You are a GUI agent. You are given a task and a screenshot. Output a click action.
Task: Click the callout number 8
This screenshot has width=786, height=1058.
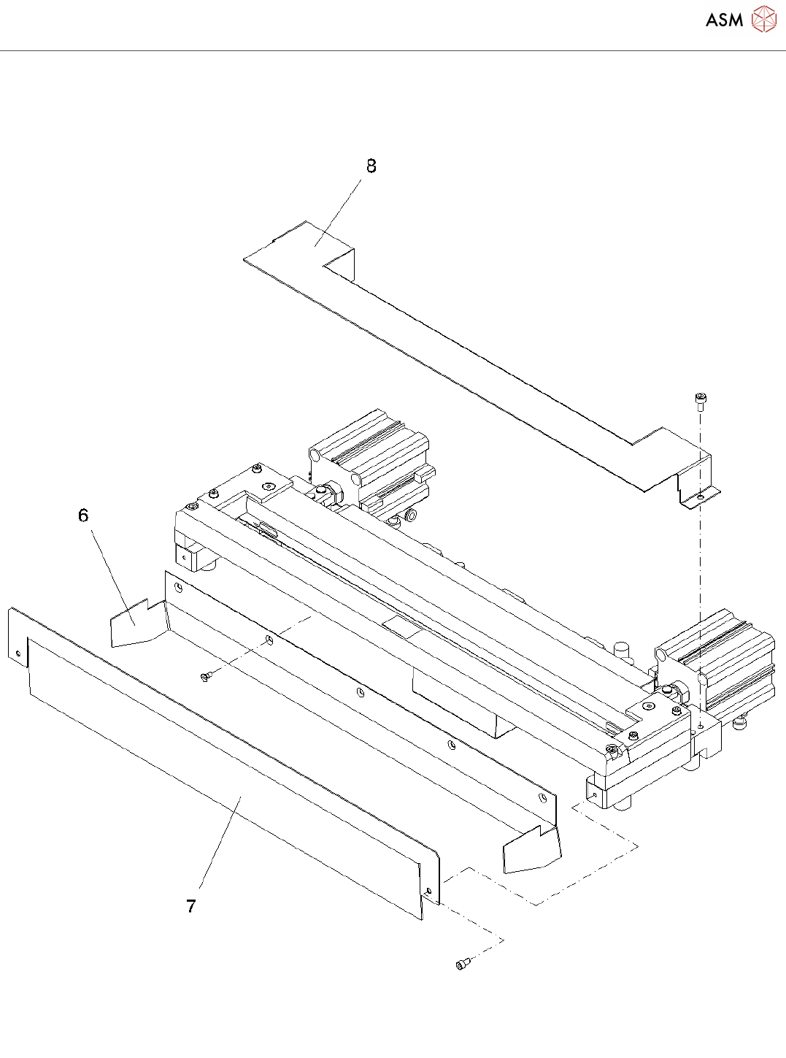(371, 166)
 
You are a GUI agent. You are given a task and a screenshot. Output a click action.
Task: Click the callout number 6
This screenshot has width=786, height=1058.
(83, 515)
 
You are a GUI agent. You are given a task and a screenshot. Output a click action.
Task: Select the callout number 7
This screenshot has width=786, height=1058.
(191, 906)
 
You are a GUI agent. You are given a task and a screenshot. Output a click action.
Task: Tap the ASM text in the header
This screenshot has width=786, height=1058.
(724, 20)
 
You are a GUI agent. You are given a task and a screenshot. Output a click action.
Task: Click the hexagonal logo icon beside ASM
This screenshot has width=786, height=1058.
(764, 19)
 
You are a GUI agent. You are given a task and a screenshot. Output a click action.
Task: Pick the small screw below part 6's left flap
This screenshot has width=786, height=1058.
(205, 678)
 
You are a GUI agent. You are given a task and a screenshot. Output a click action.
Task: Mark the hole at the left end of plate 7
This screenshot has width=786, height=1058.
(18, 653)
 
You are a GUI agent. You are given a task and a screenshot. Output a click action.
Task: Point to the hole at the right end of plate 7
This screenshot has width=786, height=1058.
(428, 892)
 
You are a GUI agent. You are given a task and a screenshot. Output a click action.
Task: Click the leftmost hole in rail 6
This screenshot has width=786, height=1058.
(178, 586)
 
